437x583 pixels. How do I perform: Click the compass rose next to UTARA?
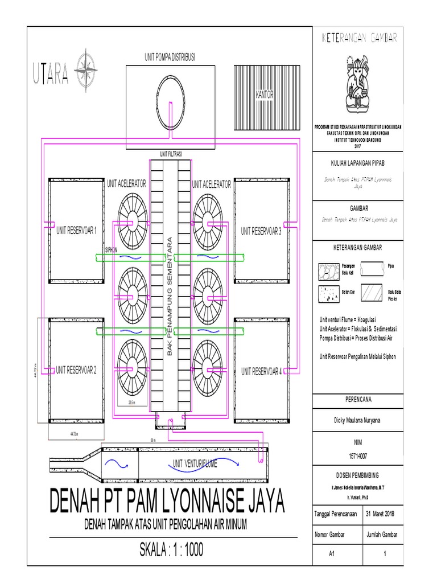(x=88, y=69)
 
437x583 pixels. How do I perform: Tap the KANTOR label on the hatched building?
(x=265, y=95)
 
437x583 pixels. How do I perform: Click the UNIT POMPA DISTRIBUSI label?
(x=170, y=58)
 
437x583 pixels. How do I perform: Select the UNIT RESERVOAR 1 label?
(x=76, y=231)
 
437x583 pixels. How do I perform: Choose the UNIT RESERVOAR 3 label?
(x=261, y=231)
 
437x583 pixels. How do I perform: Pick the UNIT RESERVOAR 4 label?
(x=261, y=371)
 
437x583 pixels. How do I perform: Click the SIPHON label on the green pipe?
(x=112, y=249)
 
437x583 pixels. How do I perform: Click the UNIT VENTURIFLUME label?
(x=195, y=464)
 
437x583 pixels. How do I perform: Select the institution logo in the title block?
(x=358, y=82)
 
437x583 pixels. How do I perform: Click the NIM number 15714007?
(x=358, y=456)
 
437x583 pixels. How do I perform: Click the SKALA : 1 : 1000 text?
(x=171, y=550)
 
